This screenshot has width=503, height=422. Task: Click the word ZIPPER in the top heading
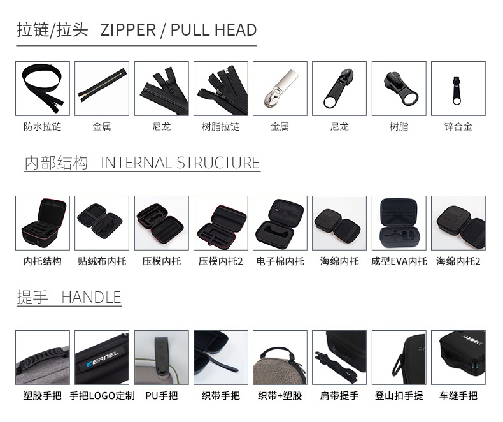[x=128, y=30]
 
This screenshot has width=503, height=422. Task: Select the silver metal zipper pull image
[x=280, y=89]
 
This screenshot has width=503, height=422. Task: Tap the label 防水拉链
[x=43, y=126]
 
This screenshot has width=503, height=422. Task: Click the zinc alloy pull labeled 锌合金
[x=457, y=91]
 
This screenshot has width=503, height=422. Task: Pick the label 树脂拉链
[x=221, y=126]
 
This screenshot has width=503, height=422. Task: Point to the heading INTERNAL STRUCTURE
[x=180, y=163]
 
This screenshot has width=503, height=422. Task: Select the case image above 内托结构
[x=43, y=223]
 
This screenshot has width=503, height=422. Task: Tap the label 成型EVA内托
[x=399, y=261]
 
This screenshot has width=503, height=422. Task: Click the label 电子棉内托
[x=280, y=261]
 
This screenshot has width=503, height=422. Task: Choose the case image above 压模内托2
[x=221, y=223]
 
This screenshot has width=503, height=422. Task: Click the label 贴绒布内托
[x=102, y=261]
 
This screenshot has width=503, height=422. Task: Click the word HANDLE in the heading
[x=91, y=297]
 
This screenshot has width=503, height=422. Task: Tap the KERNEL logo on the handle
[x=103, y=359]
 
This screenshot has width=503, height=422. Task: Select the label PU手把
[x=161, y=395]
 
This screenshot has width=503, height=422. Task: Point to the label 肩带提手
[x=339, y=395]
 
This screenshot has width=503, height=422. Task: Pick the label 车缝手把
[x=458, y=395]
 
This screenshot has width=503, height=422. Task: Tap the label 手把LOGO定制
[x=102, y=395]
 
